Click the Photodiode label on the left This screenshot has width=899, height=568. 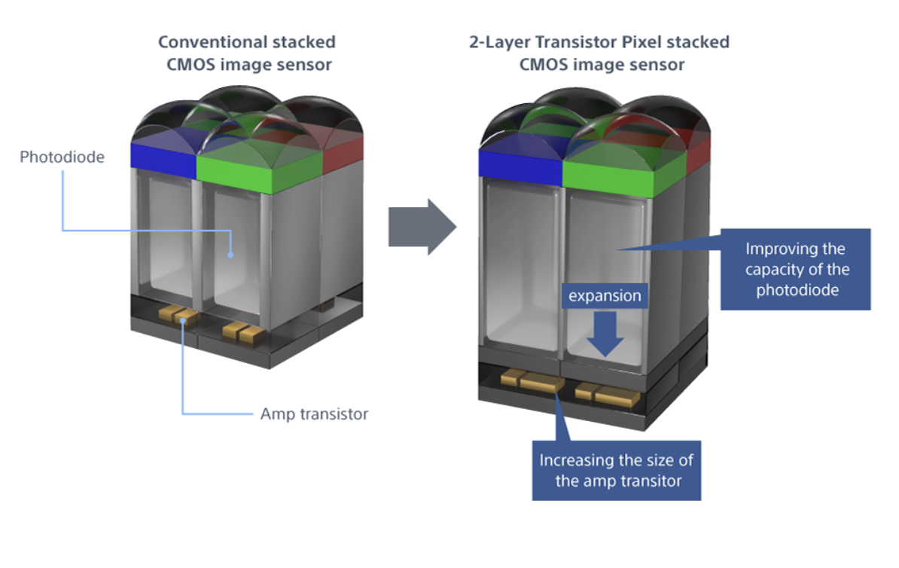(x=62, y=157)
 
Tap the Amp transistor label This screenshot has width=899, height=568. (x=314, y=414)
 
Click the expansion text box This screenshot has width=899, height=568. (x=605, y=296)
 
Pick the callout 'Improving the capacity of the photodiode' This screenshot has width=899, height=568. (x=796, y=270)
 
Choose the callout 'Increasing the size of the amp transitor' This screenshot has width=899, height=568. (x=617, y=470)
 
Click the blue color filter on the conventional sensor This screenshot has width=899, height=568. (x=163, y=154)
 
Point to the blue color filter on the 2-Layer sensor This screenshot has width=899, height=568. (x=520, y=166)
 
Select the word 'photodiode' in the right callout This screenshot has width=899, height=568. (x=795, y=290)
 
